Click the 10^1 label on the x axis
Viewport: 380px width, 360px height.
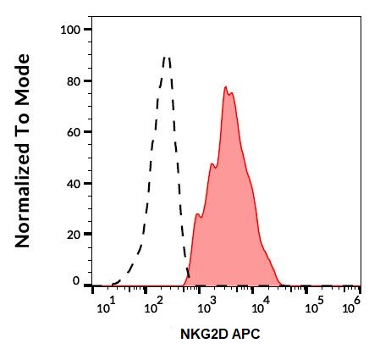coord(107,306)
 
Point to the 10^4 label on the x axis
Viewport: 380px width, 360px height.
coord(259,306)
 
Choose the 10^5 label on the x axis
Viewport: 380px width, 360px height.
coord(315,306)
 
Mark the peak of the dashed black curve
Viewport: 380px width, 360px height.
coord(167,57)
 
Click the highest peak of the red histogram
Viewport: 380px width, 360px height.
coord(226,86)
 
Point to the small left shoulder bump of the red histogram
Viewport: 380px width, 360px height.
coord(197,214)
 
